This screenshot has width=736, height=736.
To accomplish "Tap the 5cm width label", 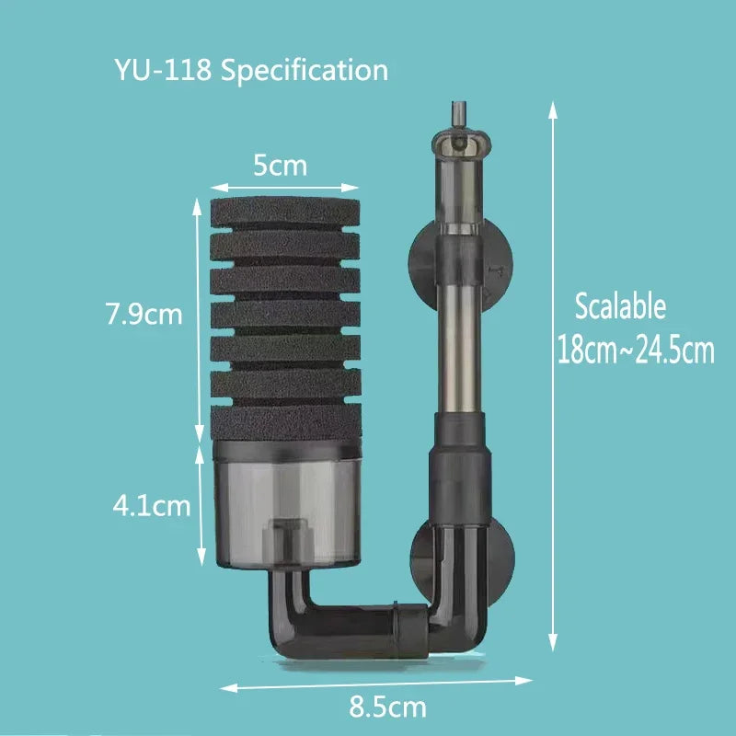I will coord(281,167).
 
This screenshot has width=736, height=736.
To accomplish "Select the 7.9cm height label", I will coord(144,315).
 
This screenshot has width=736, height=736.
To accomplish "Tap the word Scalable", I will coord(619,306).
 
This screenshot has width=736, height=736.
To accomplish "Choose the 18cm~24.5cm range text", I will coord(636,351).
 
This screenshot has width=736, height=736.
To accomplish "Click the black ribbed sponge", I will coord(280,316).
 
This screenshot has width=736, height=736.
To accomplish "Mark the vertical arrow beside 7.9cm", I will coord(197,317).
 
